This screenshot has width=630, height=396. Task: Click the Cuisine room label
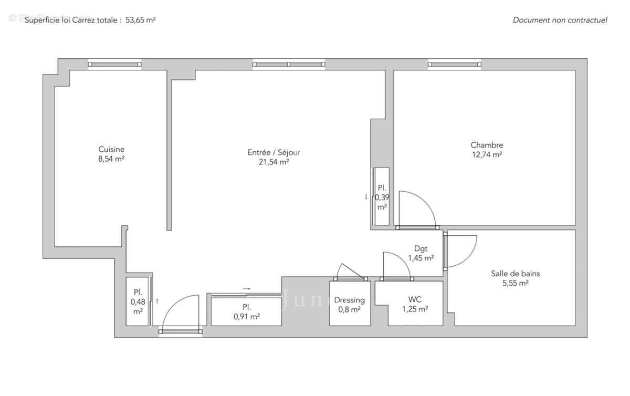(111, 149)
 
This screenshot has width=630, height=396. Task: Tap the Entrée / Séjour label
(274, 153)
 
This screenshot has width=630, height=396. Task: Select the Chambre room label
(487, 145)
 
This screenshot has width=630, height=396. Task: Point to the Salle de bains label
(515, 274)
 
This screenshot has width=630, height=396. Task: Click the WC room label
(415, 300)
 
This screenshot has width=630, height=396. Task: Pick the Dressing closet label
(349, 300)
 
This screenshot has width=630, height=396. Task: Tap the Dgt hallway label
(421, 248)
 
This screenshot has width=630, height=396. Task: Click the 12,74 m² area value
(487, 155)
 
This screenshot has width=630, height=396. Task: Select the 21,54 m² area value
(274, 162)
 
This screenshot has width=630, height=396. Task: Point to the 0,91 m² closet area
(246, 317)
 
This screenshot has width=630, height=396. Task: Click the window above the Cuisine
(114, 64)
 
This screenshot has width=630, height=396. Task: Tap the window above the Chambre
(455, 64)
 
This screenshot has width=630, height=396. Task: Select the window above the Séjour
(289, 64)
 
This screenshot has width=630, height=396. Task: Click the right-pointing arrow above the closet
(246, 288)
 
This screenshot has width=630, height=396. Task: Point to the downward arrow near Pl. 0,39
(366, 197)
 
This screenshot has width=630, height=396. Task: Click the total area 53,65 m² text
(141, 20)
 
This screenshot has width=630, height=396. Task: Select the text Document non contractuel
(560, 20)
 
